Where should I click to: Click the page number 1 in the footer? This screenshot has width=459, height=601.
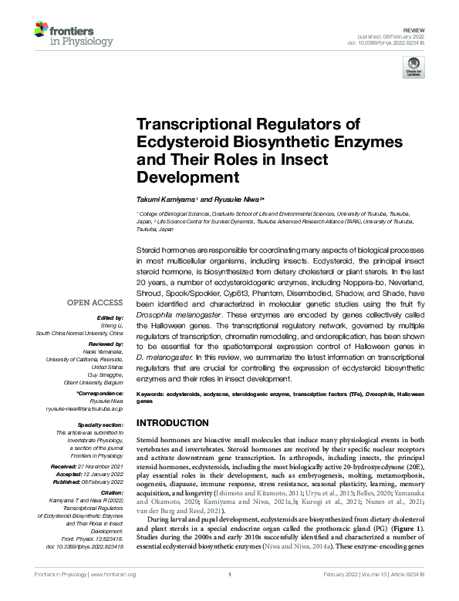coord(229,596)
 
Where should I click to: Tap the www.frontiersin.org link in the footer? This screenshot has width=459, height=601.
coord(113,596)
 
